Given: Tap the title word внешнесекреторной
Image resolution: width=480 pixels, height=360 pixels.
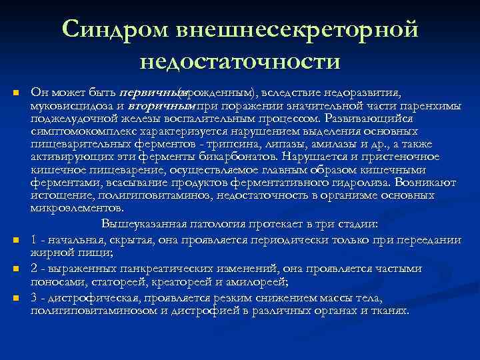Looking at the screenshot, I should (x=297, y=29).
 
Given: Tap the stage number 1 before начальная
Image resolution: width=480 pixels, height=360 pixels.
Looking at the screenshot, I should (x=34, y=240).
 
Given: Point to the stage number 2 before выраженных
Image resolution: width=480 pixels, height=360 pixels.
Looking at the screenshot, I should (x=34, y=268).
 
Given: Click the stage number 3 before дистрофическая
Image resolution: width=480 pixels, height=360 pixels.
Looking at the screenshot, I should (x=34, y=297).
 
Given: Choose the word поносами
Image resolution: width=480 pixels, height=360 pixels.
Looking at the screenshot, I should (x=51, y=282).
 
